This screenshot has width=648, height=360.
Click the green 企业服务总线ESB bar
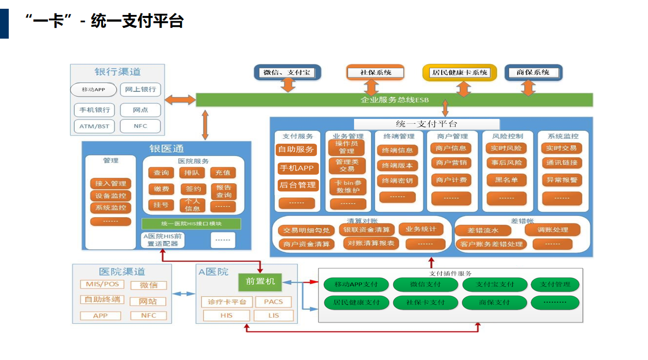coord(394,99)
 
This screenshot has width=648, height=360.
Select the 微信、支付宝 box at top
coord(287,73)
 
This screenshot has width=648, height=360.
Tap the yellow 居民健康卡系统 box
coord(460,73)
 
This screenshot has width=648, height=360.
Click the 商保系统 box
coord(533,73)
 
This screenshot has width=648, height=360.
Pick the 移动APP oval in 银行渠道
coord(93,90)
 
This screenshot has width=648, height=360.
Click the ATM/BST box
coord(94,126)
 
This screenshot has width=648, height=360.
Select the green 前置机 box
coord(260,281)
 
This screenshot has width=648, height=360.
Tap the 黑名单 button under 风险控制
coord(506,180)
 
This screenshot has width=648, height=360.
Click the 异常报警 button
coord(562,180)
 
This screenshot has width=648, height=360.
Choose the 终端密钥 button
coord(398,181)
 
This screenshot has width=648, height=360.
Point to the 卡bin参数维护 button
coord(348,186)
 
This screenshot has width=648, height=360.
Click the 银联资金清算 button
coord(367,230)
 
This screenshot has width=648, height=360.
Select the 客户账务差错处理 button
coord(491,244)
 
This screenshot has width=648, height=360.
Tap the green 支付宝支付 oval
coord(495,284)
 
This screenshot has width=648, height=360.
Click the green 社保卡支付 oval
coord(425,302)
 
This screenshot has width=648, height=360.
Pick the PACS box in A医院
coord(273,302)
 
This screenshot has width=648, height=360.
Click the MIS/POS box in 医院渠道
coord(102,284)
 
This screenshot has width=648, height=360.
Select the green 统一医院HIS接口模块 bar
coord(191,224)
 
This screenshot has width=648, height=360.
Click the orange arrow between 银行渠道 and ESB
coord(180,99)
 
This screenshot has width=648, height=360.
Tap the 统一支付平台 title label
coord(427,124)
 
